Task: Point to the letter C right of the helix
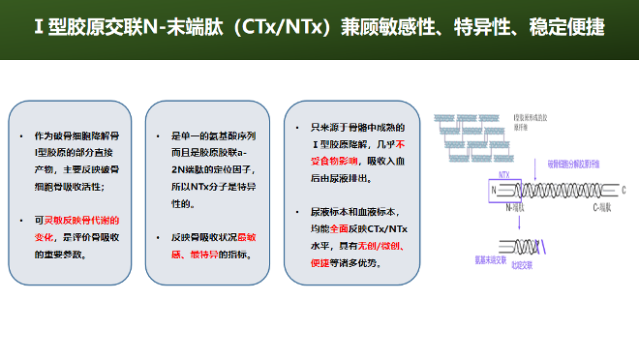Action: [x=624, y=190]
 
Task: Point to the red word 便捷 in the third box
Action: [x=321, y=260]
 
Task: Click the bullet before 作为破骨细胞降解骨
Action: [x=22, y=135]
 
